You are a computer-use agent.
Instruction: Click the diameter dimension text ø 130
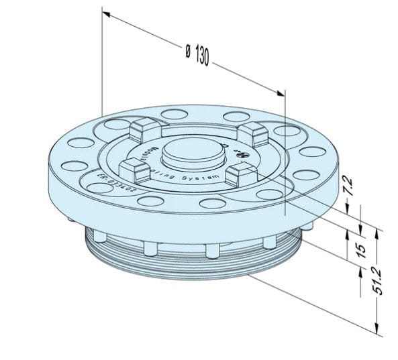click(x=196, y=54)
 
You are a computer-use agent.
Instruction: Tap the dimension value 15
click(x=360, y=249)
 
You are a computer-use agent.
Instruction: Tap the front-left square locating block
click(x=134, y=170)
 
